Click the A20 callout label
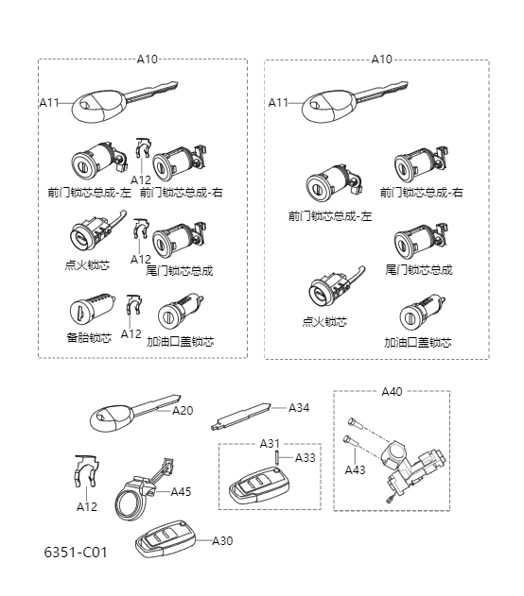coord(183,411)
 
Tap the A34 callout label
coord(299,408)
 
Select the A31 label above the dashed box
coord(270,443)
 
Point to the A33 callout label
coord(306,458)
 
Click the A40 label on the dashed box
coord(392,391)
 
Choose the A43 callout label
coord(355,469)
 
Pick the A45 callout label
coord(181,491)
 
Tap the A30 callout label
coord(222,540)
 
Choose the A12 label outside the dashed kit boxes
coord(87,506)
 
